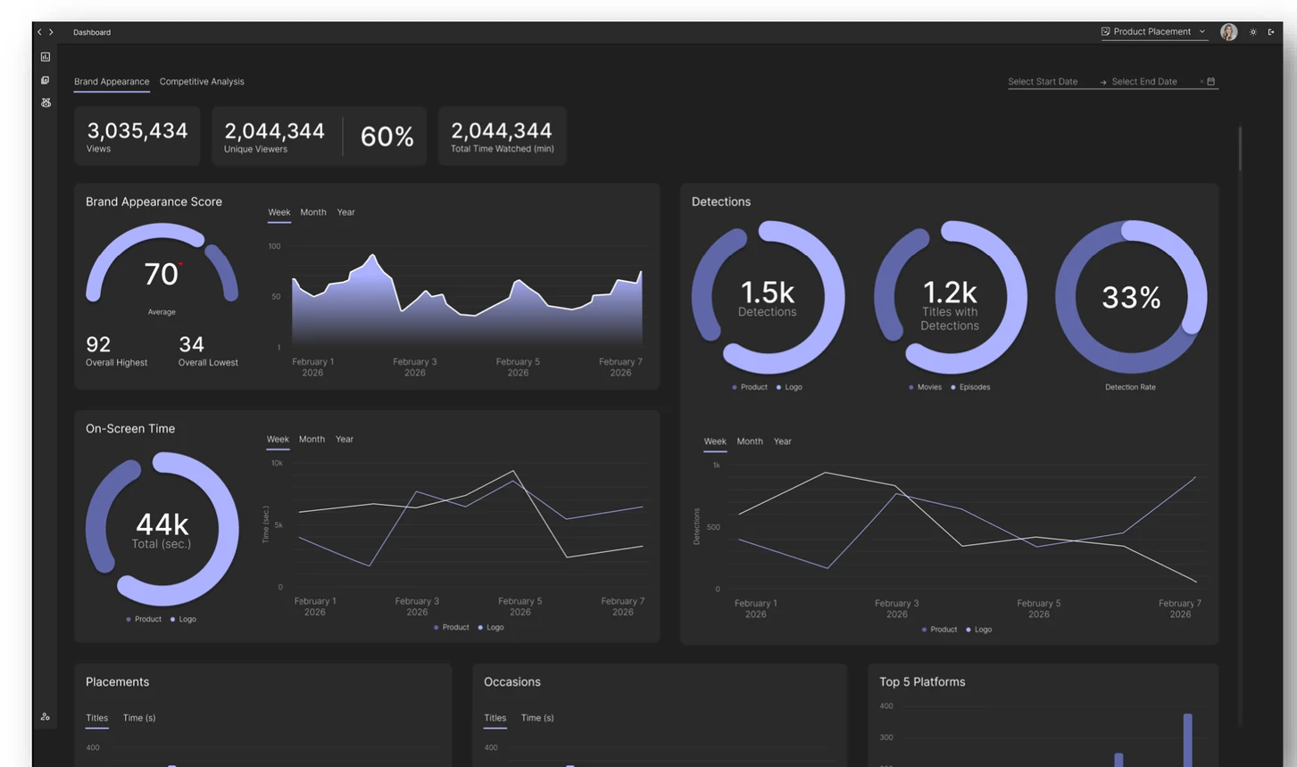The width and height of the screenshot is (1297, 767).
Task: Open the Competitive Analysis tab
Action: (202, 81)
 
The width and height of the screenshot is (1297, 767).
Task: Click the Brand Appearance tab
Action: (112, 81)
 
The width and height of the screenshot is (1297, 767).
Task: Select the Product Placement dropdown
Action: (1152, 32)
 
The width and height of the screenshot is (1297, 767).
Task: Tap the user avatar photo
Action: (1228, 32)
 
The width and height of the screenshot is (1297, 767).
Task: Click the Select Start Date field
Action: (1043, 82)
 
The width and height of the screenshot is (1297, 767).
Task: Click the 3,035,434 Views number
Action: (137, 131)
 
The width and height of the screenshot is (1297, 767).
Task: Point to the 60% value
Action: (387, 136)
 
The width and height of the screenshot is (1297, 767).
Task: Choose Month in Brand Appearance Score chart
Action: (312, 212)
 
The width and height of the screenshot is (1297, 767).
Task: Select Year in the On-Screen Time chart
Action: (344, 439)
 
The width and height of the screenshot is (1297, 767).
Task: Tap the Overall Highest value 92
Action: (98, 344)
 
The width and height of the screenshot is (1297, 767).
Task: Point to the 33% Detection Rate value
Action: (1130, 298)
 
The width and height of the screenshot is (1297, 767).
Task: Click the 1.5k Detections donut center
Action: (767, 293)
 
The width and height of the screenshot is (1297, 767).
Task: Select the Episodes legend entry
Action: (974, 387)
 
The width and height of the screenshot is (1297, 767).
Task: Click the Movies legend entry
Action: (928, 387)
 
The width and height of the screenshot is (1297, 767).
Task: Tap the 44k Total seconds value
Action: (162, 524)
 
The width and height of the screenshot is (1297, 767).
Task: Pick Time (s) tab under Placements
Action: (138, 718)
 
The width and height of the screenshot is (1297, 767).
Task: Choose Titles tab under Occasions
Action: (495, 718)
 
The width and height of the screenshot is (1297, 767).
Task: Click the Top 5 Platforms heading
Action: (922, 682)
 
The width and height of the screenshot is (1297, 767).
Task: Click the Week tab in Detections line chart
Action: (714, 441)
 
